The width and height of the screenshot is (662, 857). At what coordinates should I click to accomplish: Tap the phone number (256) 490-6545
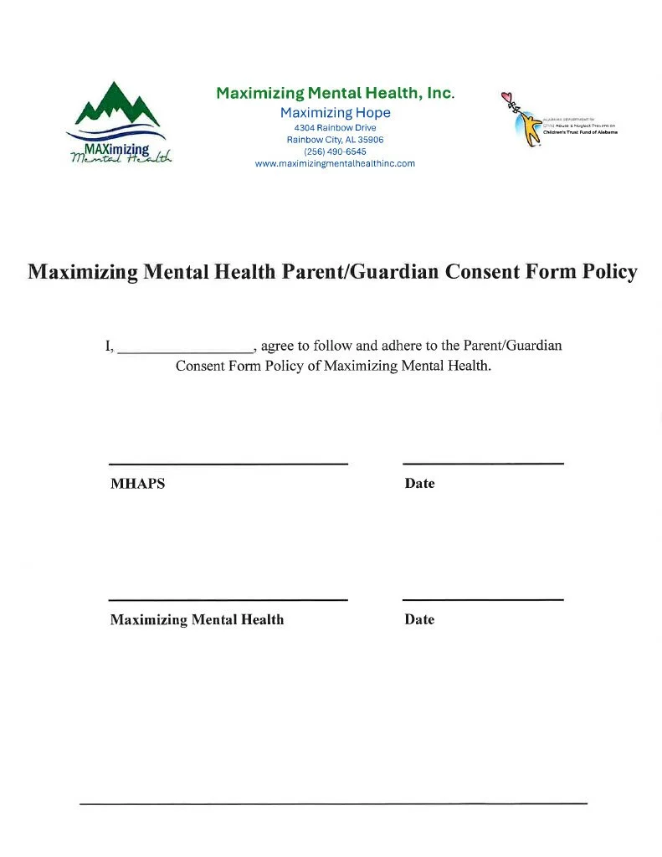(335, 151)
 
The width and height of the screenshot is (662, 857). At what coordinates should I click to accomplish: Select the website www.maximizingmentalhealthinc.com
(335, 164)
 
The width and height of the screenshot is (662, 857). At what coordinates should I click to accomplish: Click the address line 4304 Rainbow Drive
(335, 127)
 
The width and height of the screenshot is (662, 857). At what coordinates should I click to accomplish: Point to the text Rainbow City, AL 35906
(335, 140)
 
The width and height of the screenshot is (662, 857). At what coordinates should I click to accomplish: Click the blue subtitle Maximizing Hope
(335, 113)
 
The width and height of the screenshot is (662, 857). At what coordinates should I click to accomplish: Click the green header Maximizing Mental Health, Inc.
(335, 93)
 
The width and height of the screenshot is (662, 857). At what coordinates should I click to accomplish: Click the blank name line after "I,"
(185, 350)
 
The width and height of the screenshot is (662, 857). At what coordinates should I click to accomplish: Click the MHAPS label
(137, 484)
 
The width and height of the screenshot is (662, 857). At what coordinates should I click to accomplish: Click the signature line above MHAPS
(228, 464)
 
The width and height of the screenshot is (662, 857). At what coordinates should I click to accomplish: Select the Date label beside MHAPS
(419, 484)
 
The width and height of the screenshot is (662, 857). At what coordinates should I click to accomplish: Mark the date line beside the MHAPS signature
(483, 463)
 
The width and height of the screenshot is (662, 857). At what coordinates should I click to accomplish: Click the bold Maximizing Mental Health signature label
(197, 620)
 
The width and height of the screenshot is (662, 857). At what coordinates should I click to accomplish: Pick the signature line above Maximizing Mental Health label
(228, 600)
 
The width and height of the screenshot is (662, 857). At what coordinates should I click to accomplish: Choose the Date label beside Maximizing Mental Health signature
(419, 620)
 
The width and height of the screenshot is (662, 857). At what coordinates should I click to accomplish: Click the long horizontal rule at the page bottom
(333, 804)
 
